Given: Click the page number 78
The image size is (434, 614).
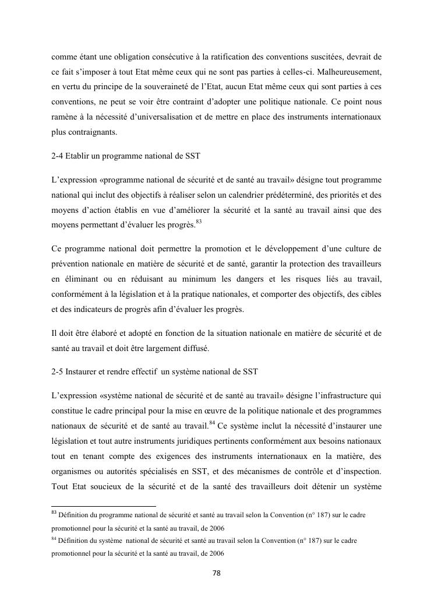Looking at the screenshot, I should pyautogui.click(x=216, y=573).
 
